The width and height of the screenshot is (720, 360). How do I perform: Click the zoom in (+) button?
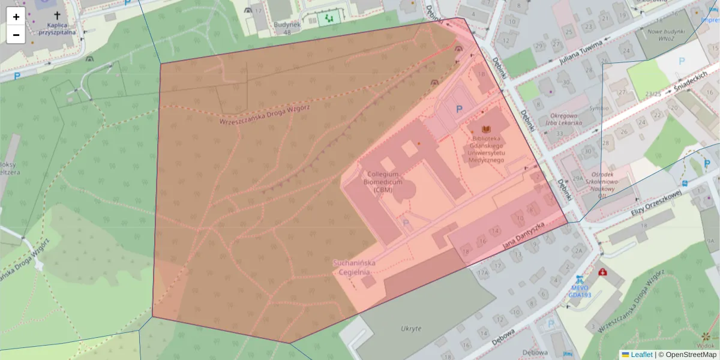(16, 17)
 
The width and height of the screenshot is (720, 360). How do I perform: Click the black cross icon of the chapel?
(58, 16)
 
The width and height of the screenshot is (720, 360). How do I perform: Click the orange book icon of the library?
(487, 129)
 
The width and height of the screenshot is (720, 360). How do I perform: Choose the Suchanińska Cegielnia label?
(353, 267)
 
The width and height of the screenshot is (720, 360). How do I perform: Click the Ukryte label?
(411, 328)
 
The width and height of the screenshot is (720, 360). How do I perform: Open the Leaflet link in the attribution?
(641, 355)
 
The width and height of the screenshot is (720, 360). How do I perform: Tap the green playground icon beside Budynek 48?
(328, 19)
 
